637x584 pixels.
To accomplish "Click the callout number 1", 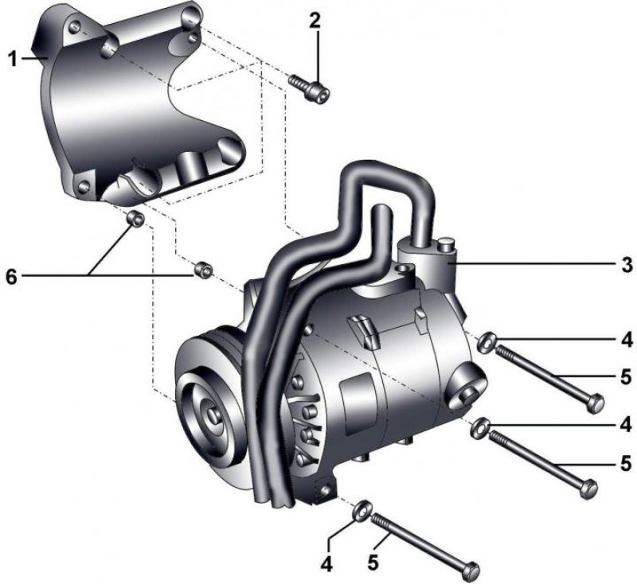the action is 14,59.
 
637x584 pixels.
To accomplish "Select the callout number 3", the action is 627,265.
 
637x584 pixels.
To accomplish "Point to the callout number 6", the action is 11,277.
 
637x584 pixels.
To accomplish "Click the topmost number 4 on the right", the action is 627,340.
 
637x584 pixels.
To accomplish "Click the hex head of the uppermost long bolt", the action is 596,404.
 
